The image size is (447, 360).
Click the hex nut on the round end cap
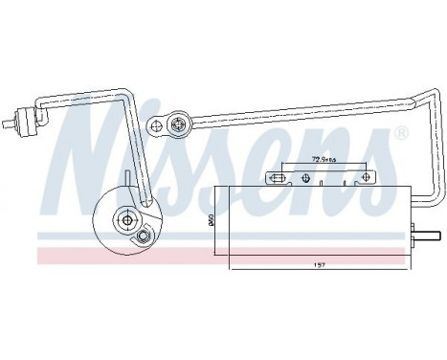[x=143, y=236]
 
